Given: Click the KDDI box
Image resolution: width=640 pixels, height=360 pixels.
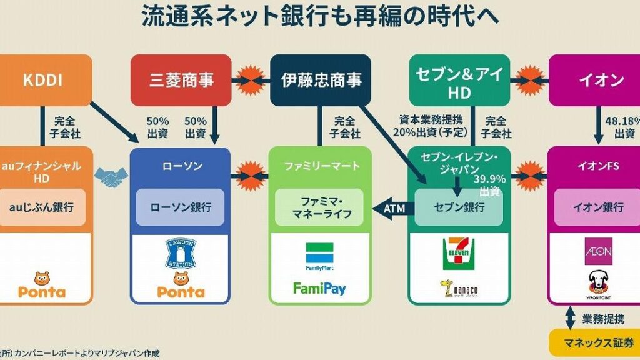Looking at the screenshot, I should pyautogui.click(x=45, y=80).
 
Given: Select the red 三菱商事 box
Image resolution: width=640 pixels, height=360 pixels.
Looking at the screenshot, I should pyautogui.click(x=181, y=80).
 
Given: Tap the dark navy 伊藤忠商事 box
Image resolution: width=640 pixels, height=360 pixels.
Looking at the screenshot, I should pyautogui.click(x=321, y=80).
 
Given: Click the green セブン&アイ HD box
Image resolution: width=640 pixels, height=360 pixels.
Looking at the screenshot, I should pyautogui.click(x=459, y=80).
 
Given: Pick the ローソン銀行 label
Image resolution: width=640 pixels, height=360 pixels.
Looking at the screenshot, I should pyautogui.click(x=180, y=207).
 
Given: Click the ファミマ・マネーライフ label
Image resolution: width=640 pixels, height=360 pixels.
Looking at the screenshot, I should pyautogui.click(x=319, y=208).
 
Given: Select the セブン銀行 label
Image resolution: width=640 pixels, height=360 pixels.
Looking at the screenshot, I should pyautogui.click(x=459, y=207).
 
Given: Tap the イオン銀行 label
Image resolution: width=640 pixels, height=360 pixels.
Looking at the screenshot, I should pyautogui.click(x=597, y=207).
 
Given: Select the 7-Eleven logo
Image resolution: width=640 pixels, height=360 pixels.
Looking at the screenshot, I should pyautogui.click(x=459, y=254).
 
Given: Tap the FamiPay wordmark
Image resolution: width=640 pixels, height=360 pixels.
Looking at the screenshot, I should pyautogui.click(x=319, y=289).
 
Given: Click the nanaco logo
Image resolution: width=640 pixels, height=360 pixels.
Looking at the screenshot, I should pyautogui.click(x=459, y=289).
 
